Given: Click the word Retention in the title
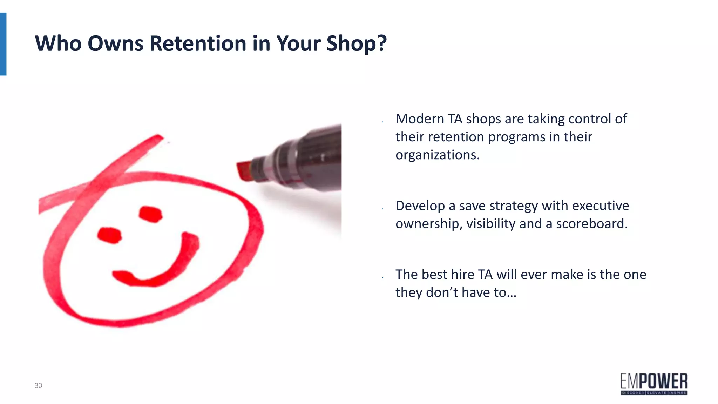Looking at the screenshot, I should (x=198, y=43).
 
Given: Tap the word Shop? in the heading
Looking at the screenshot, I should (x=356, y=44).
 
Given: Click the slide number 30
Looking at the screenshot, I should (x=38, y=385).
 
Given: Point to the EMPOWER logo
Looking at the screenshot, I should (x=654, y=384).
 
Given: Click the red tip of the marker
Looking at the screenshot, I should (x=244, y=171).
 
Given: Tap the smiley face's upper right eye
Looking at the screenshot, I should (x=151, y=214).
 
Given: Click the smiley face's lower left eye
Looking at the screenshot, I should (x=109, y=235).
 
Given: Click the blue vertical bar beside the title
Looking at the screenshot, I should (x=3, y=44).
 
